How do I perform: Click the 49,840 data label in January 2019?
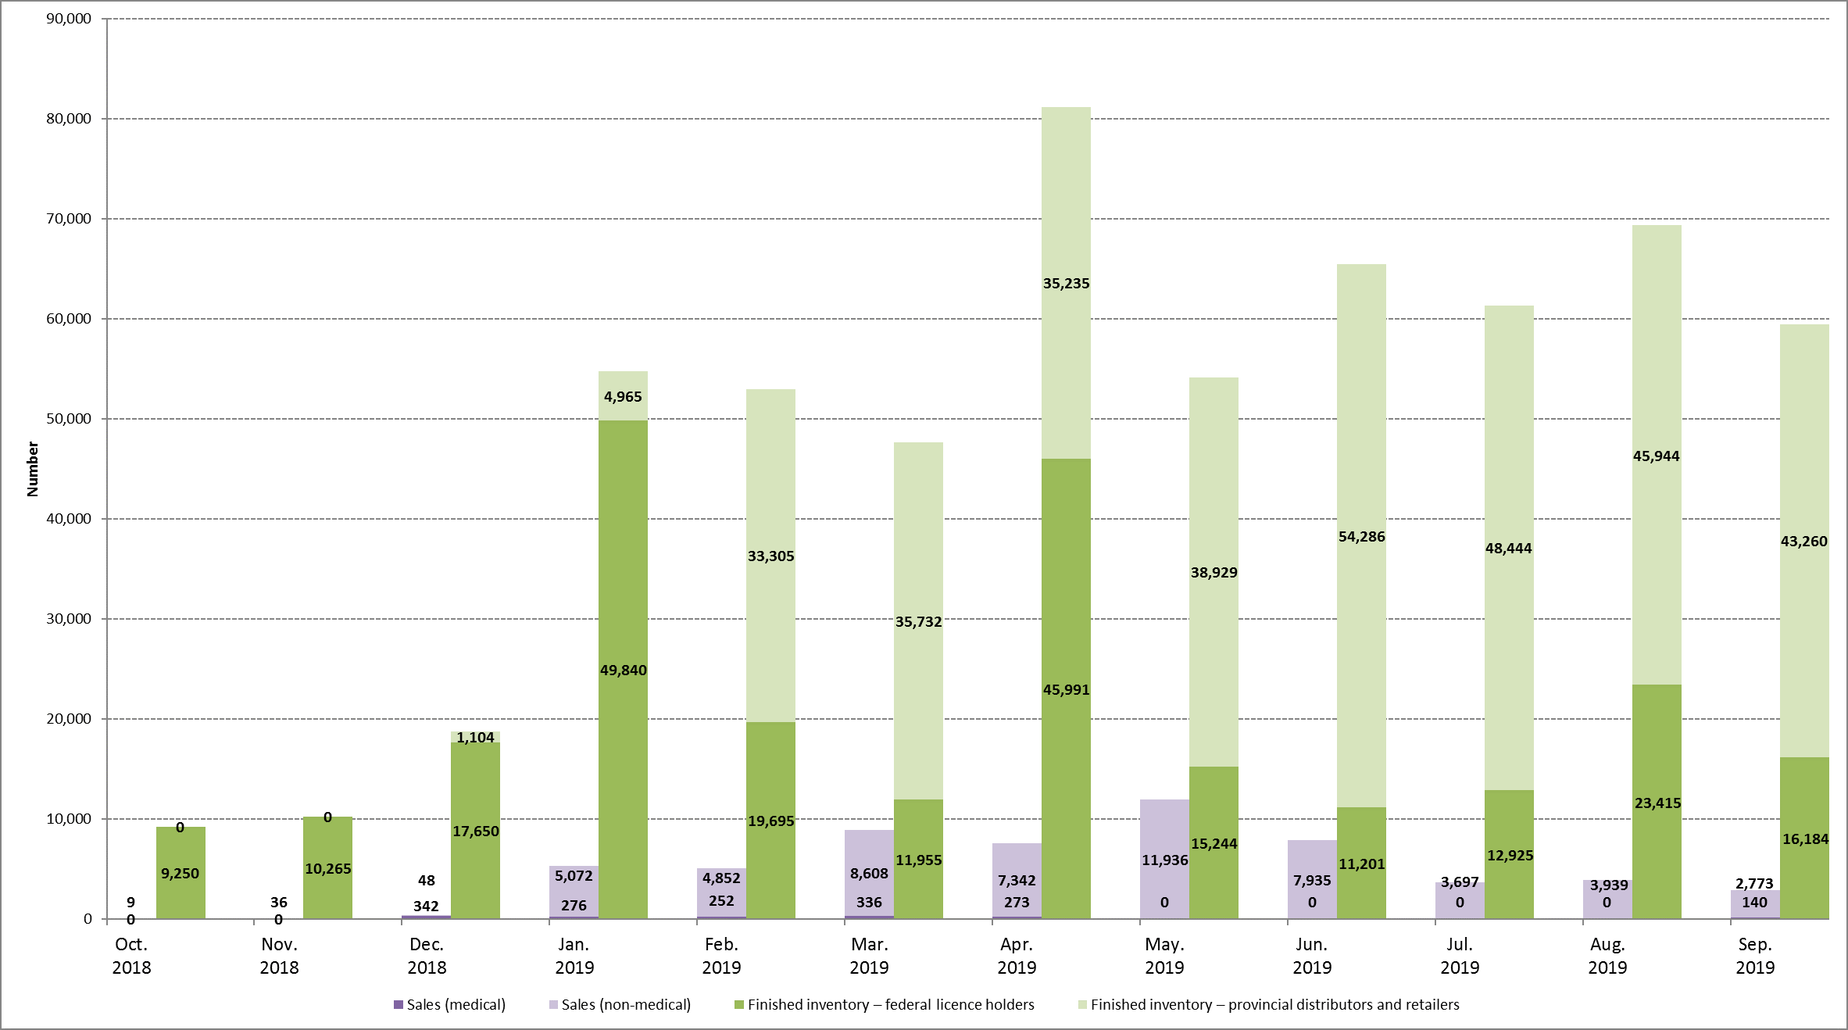click(623, 671)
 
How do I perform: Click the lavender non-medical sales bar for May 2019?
click(1164, 828)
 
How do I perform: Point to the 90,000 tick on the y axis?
click(69, 19)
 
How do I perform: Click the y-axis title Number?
click(33, 469)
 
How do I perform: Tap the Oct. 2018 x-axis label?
click(131, 956)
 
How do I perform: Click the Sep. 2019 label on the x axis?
click(1755, 956)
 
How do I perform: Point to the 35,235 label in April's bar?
click(1066, 284)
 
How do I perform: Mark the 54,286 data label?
click(1361, 537)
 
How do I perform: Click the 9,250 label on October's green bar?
click(180, 874)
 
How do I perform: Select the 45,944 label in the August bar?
click(1656, 456)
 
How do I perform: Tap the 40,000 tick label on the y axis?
click(69, 519)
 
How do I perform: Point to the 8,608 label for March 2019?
click(869, 874)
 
